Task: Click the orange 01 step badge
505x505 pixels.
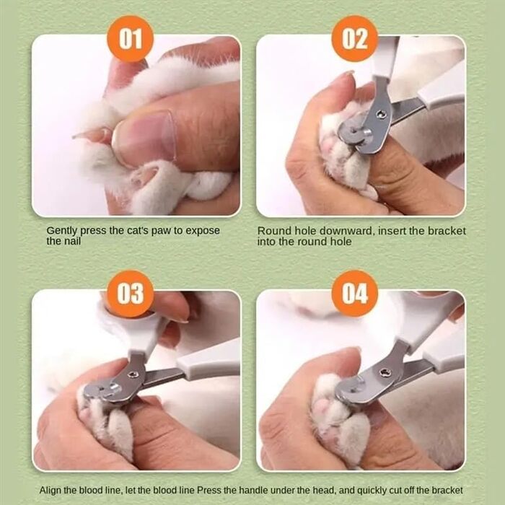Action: point(130,39)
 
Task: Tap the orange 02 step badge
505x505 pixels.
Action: point(355,39)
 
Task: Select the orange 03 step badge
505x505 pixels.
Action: point(130,294)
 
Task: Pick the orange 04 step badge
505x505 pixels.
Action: point(355,294)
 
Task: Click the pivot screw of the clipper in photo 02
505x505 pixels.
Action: point(382,114)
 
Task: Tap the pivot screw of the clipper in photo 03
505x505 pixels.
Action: point(132,374)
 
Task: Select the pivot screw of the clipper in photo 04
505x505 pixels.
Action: point(385,373)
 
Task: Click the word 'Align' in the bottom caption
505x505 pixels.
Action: point(50,491)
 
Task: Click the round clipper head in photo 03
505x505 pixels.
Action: point(103,391)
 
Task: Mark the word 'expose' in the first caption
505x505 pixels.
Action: point(203,232)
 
